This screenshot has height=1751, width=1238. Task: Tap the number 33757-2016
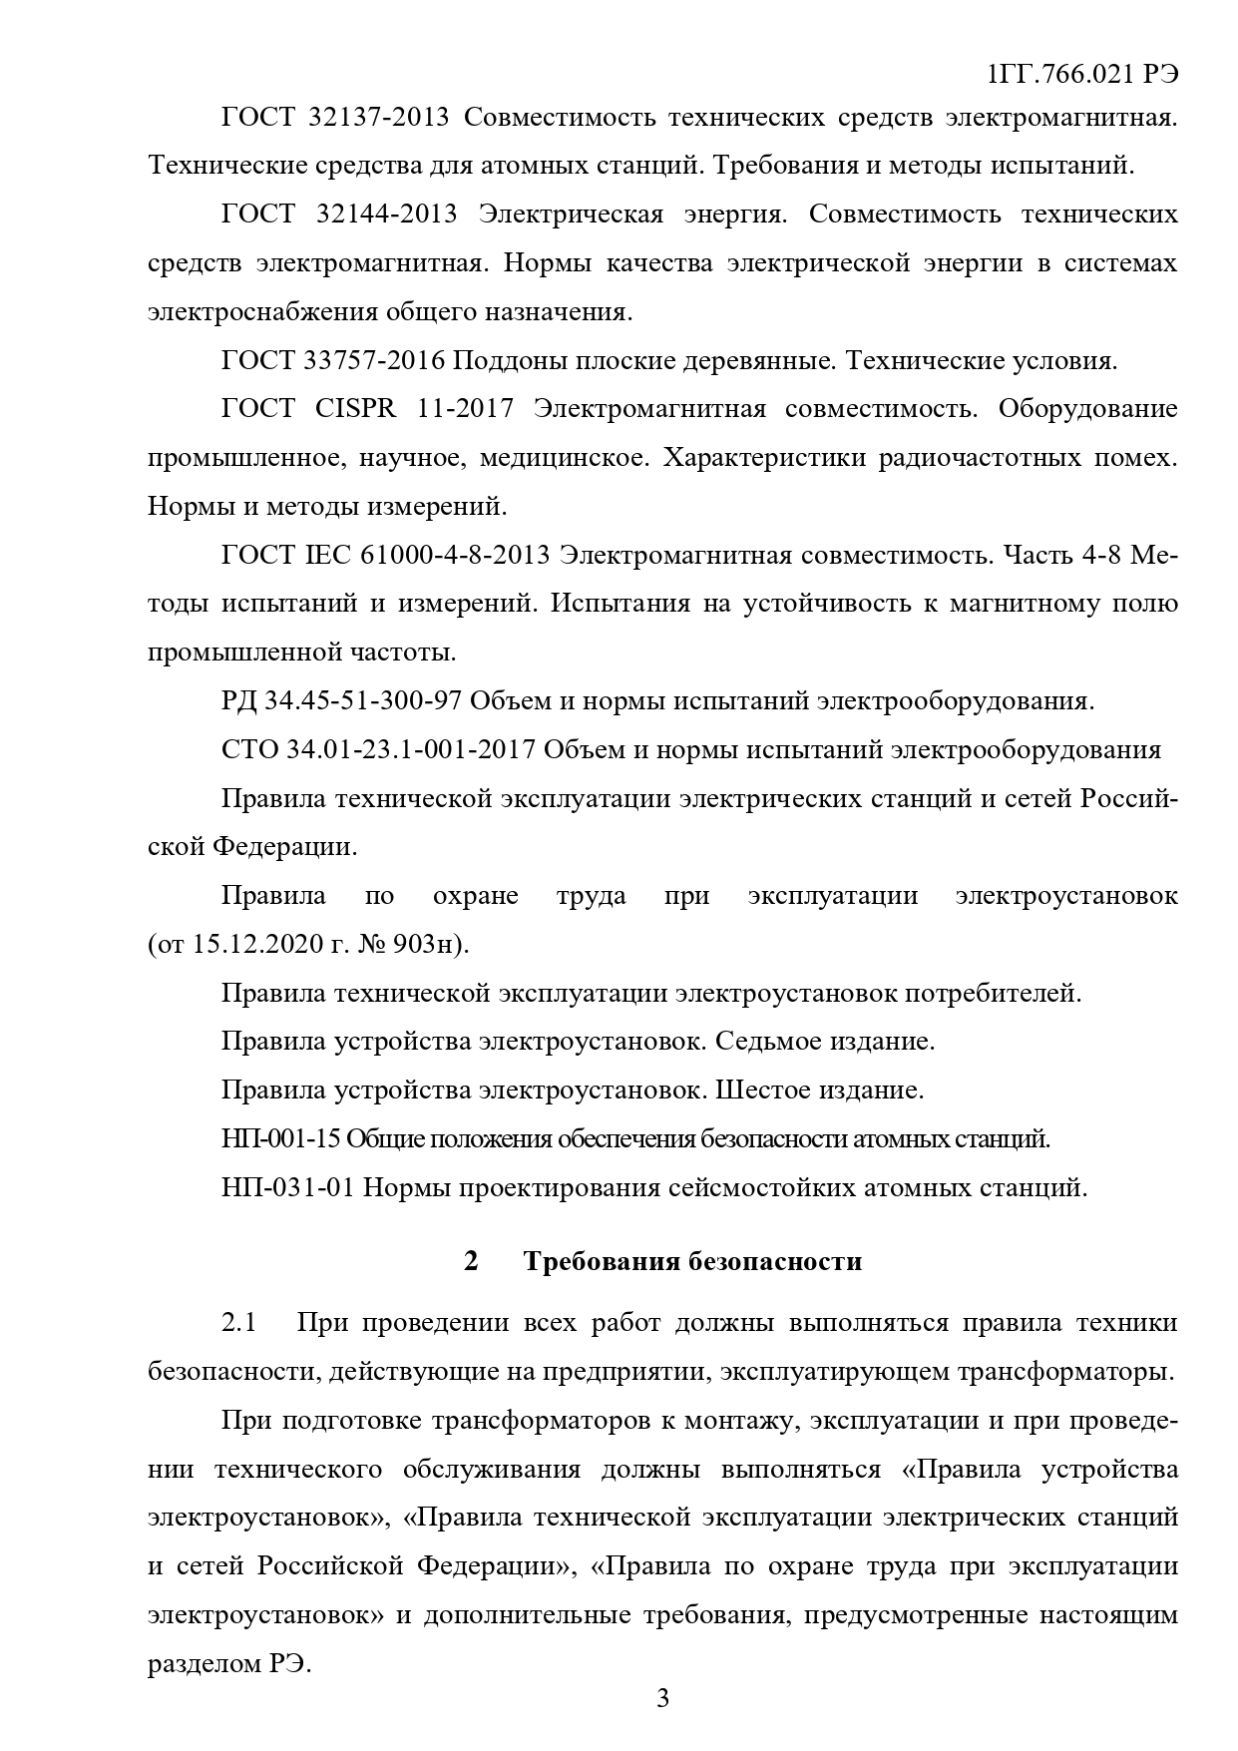coord(375,360)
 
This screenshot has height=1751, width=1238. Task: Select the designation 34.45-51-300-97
coord(362,700)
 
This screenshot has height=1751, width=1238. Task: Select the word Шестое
coord(762,1090)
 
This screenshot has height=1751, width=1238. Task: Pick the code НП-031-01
coord(288,1187)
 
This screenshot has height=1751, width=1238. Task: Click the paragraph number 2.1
coord(239,1323)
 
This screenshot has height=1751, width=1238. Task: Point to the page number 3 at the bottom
coord(662,1698)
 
